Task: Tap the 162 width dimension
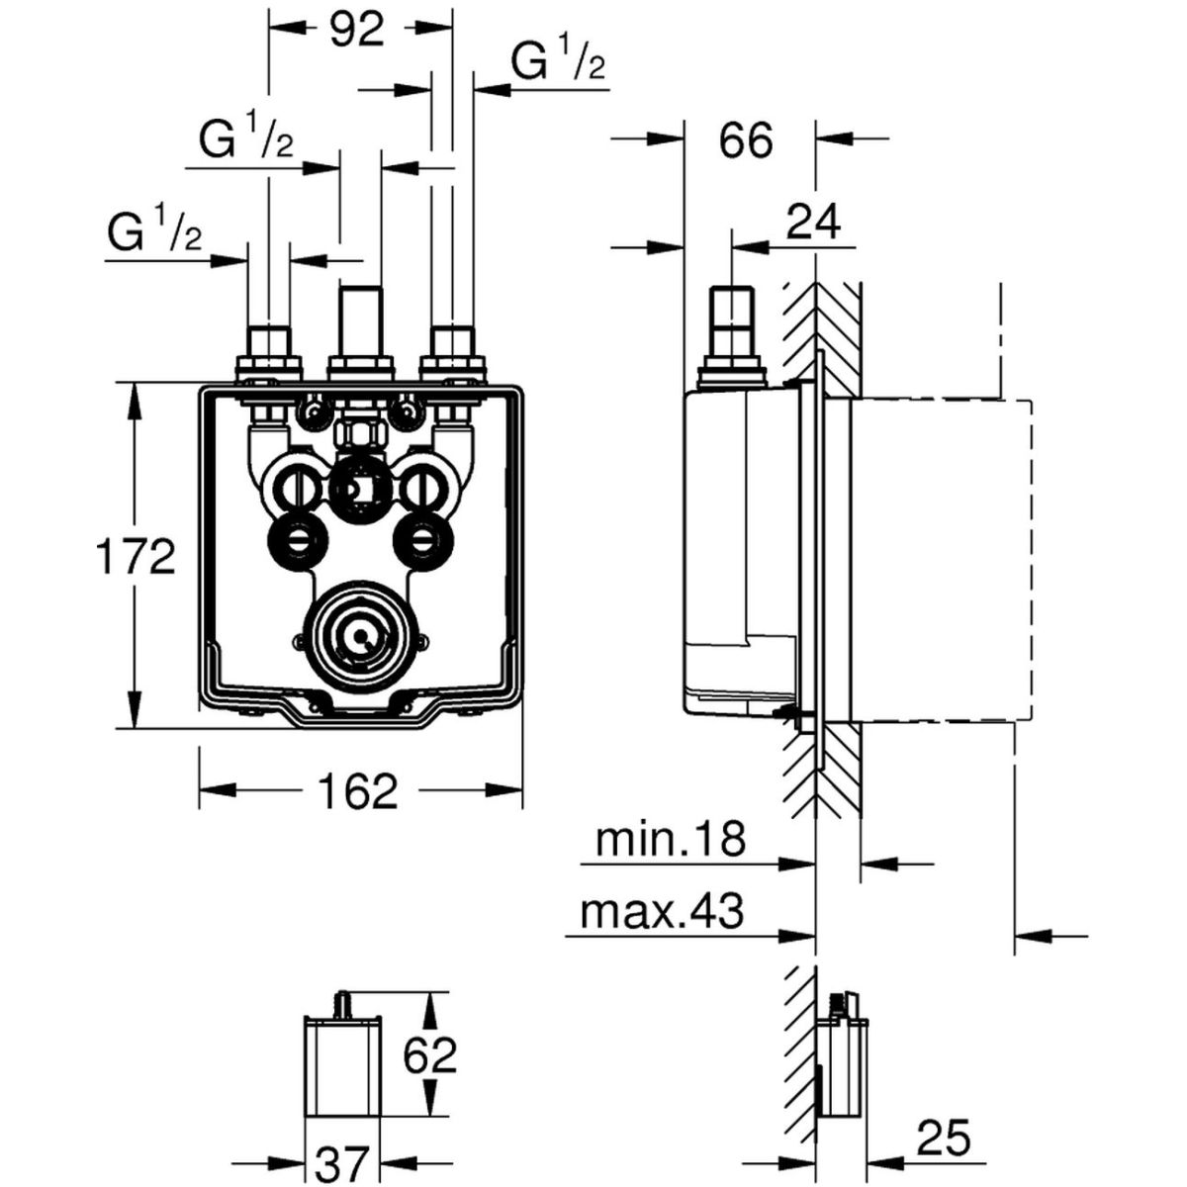point(357,790)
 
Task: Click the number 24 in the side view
point(813,224)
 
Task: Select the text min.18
point(670,842)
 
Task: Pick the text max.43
point(662,913)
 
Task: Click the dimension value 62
point(428,1056)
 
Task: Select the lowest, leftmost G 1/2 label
point(155,233)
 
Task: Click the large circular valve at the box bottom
point(359,633)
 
